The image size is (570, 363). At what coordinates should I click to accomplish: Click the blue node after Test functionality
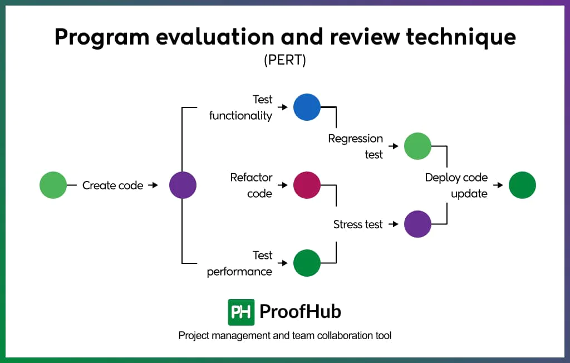click(x=307, y=107)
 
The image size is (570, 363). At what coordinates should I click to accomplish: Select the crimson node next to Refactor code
click(x=307, y=185)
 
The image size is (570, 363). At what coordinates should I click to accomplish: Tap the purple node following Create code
click(x=183, y=185)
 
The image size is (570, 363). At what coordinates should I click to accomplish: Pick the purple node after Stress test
click(x=417, y=224)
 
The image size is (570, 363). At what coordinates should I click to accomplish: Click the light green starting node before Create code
click(x=53, y=185)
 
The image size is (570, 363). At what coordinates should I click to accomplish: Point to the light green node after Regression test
click(x=417, y=146)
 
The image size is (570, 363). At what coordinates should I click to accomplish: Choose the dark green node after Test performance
click(x=307, y=263)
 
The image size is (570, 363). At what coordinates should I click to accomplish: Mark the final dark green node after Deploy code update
click(x=522, y=185)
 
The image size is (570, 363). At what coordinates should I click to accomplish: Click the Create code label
click(x=112, y=185)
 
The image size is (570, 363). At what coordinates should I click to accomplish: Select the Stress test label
click(x=358, y=224)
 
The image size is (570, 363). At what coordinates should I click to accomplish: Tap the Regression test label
click(x=356, y=146)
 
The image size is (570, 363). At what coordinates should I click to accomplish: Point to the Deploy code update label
click(x=456, y=185)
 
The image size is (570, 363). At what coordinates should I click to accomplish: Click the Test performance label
click(x=240, y=263)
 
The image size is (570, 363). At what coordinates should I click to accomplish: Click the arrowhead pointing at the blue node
click(x=283, y=107)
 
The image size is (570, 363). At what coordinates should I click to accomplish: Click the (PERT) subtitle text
click(x=285, y=60)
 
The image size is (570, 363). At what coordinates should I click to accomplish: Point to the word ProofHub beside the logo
click(x=300, y=312)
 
